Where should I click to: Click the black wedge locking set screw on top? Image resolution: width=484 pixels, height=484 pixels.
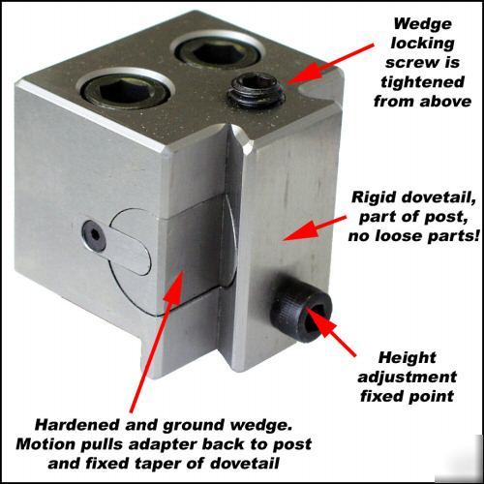coord(257,92)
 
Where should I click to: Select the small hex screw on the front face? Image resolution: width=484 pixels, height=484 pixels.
coord(94,235)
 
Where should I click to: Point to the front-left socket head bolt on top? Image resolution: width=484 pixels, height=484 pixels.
coord(126,87)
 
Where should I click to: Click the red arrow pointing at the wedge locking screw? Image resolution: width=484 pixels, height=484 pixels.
coord(328,64)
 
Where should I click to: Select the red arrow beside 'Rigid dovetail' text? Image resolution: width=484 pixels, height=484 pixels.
coord(315,228)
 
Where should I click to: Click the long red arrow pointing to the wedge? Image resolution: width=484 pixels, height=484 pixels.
coord(157,342)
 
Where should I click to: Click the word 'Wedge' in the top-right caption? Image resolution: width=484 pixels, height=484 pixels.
coord(422,24)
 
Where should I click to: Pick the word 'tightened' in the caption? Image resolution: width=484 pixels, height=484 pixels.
coord(422,82)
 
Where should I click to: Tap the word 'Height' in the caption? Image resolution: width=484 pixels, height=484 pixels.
coord(408,357)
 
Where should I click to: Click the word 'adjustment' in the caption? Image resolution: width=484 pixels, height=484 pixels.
coord(408,378)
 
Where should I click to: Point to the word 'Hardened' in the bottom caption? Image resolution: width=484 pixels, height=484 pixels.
coord(77,425)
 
